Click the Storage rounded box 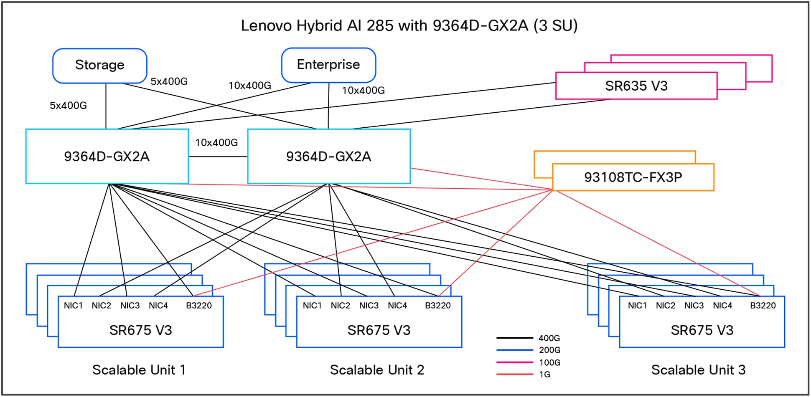point(99,65)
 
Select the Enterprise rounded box point(328,65)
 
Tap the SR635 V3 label point(636,86)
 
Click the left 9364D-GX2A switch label point(107,157)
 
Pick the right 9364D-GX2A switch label point(328,157)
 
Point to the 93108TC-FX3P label point(633,177)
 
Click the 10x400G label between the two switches point(216,143)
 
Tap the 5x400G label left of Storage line point(68,106)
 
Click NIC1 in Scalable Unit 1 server point(73,306)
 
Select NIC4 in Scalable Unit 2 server point(397,306)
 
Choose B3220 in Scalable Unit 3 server point(763,306)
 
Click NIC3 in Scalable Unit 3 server point(694,306)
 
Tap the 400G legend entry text point(549,338)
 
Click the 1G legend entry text point(544,374)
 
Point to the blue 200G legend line point(514,350)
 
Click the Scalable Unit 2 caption point(377,370)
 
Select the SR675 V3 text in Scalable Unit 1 point(140,331)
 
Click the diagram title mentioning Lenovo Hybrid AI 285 point(409,26)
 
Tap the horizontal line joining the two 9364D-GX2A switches point(218,157)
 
